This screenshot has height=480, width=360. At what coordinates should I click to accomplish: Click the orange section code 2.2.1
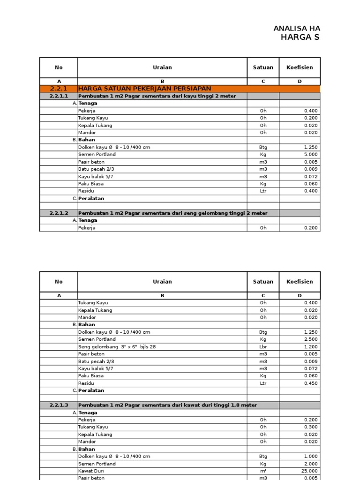pos(59,89)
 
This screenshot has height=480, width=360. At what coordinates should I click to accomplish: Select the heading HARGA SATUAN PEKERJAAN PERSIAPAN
pos(145,89)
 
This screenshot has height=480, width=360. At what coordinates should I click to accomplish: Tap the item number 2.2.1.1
pos(59,96)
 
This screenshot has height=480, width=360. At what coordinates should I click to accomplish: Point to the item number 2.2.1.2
pos(59,213)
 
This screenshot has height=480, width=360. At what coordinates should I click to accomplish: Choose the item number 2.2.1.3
pos(59,405)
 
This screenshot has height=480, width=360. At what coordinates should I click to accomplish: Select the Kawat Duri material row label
pos(91,471)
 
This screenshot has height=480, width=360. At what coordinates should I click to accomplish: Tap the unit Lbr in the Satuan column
pos(263,346)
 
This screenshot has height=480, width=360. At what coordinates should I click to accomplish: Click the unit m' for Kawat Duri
pos(263,471)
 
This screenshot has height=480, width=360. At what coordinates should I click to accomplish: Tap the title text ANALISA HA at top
pos(297,29)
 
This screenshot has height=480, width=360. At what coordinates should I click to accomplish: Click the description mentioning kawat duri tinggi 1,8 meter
pos(168,405)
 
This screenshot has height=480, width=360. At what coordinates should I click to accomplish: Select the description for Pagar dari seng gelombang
pos(172,213)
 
